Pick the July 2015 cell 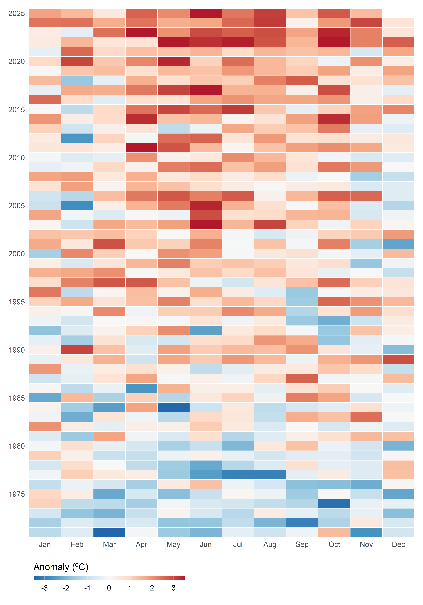tap(238, 109)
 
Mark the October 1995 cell tap(334, 302)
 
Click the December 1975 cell tap(398, 494)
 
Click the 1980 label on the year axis tap(17, 446)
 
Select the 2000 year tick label tap(17, 254)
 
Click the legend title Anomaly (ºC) tap(61, 567)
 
